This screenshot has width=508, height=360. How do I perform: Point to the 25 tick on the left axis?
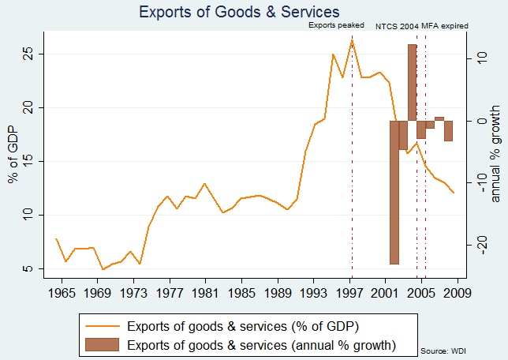(28, 54)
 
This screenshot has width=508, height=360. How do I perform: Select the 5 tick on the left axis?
(28, 269)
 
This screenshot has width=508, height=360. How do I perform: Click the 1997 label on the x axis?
(349, 294)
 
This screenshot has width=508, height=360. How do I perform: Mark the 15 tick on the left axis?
(28, 161)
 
